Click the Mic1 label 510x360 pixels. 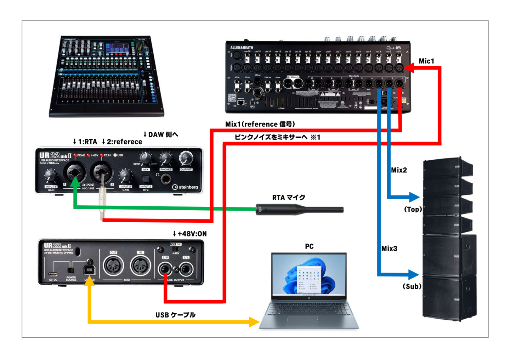click(426, 61)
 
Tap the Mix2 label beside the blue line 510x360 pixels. click(399, 170)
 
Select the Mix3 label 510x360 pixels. click(389, 249)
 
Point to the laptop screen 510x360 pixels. click(308, 274)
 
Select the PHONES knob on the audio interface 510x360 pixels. click(165, 159)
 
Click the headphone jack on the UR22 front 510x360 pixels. click(165, 179)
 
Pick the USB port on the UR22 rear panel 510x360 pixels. click(89, 270)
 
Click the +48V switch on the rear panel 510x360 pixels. click(175, 249)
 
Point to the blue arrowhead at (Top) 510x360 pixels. click(414, 197)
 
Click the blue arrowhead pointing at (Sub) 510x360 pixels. click(413, 274)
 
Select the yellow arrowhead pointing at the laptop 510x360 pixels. click(254, 322)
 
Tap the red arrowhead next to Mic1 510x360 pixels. click(409, 68)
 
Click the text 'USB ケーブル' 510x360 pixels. click(175, 315)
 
